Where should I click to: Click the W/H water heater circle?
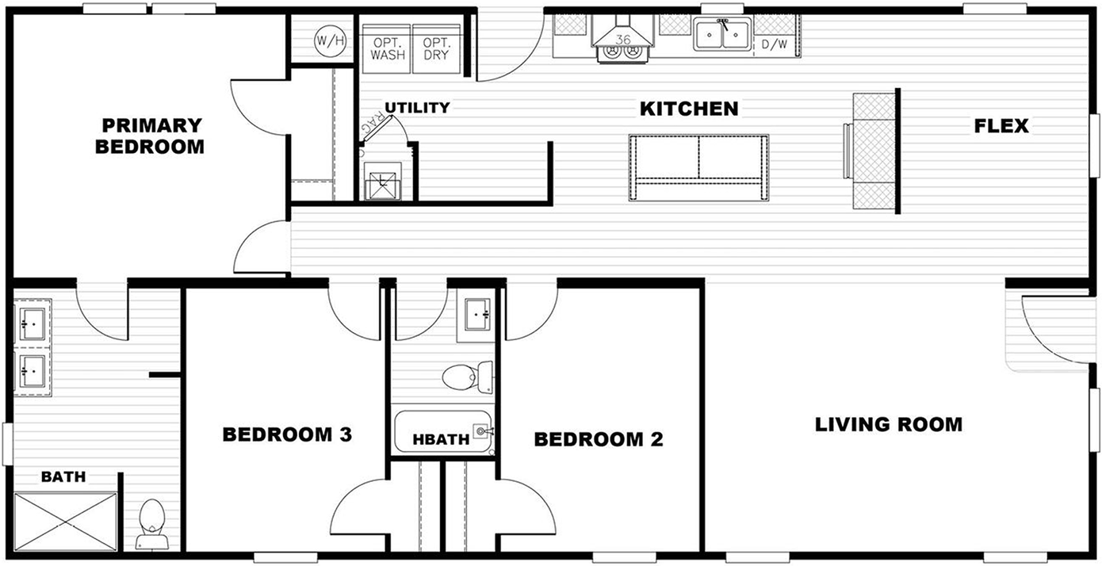[x=330, y=40]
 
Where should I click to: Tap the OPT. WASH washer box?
[x=386, y=48]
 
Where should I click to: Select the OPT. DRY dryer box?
[x=436, y=48]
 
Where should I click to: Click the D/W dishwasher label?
[x=775, y=44]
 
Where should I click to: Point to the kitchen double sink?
[x=722, y=34]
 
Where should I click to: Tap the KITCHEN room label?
[x=689, y=109]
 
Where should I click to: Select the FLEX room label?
[x=1001, y=126]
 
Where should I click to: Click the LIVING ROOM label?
[x=889, y=424]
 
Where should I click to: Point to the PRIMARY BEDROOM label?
[x=150, y=136]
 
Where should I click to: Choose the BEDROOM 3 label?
[x=287, y=434]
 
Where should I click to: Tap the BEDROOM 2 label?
[x=599, y=439]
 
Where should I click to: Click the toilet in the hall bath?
[x=468, y=377]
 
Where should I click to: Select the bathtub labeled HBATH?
[x=442, y=431]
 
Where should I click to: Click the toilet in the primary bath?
[x=151, y=524]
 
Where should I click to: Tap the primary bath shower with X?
[x=66, y=522]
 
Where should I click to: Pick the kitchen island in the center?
[x=698, y=168]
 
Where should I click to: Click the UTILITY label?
[x=417, y=107]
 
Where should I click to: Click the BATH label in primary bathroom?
[x=63, y=476]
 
